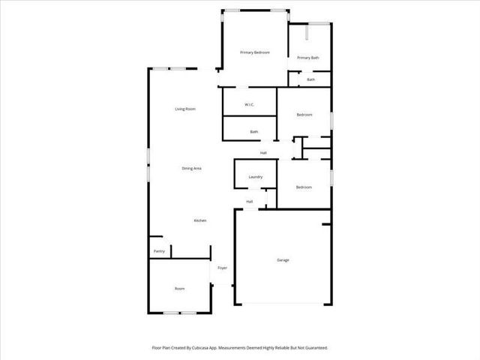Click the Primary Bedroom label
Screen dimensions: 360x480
pyautogui.click(x=254, y=52)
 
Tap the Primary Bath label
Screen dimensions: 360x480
pyautogui.click(x=308, y=58)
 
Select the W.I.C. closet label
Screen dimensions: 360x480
pyautogui.click(x=250, y=104)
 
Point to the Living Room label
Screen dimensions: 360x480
pyautogui.click(x=185, y=109)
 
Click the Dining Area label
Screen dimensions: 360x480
pyautogui.click(x=192, y=168)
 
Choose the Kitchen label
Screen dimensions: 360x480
pyautogui.click(x=200, y=220)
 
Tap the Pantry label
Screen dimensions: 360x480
pyautogui.click(x=159, y=251)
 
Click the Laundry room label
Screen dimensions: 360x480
pyautogui.click(x=255, y=177)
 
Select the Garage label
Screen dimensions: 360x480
pyautogui.click(x=283, y=260)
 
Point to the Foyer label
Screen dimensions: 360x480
pyautogui.click(x=223, y=268)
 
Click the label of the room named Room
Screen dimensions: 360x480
pyautogui.click(x=180, y=289)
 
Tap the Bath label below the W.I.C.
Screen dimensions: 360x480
pyautogui.click(x=254, y=132)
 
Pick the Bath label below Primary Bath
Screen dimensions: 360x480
pyautogui.click(x=310, y=79)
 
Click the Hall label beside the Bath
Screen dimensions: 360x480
pyautogui.click(x=264, y=153)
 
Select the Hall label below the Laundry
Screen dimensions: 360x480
pyautogui.click(x=250, y=201)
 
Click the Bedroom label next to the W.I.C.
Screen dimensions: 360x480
pyautogui.click(x=304, y=115)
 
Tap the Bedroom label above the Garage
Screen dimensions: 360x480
pyautogui.click(x=304, y=187)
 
